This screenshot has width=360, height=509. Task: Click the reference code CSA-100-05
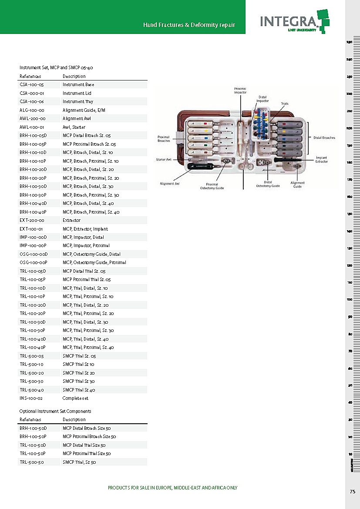coord(32,84)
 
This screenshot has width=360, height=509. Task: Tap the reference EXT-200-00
coord(32,221)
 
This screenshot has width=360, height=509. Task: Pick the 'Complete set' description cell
coord(75,398)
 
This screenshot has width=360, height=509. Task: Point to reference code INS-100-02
coord(32,398)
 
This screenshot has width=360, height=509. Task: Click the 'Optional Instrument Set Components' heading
coord(55,411)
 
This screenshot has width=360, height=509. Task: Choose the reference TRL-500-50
coord(32,462)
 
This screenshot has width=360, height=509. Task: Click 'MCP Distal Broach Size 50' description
coord(87,428)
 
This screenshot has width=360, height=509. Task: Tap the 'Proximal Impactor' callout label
coord(240,90)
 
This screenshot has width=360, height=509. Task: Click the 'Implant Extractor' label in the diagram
coord(322,160)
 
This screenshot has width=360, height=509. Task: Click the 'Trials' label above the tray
coord(285,104)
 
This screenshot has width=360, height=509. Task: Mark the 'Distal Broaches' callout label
coord(324,138)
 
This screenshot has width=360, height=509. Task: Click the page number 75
coord(352,492)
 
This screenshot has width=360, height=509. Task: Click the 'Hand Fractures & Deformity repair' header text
coord(189,25)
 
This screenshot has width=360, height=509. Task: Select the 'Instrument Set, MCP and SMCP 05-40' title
coord(56,68)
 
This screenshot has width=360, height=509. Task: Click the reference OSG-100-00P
coord(33,263)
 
